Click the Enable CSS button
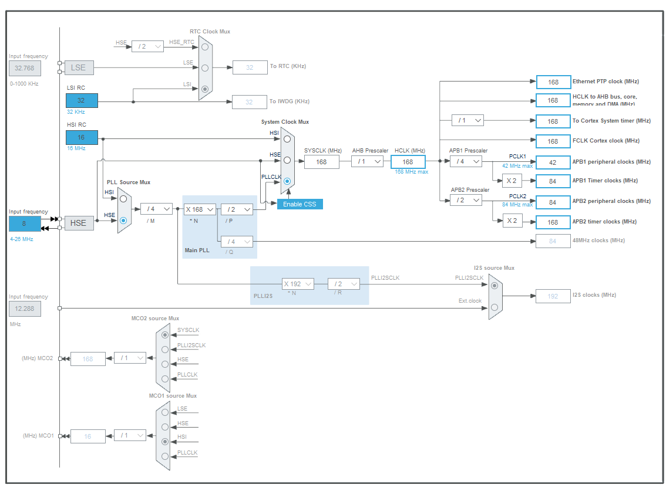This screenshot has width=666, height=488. coord(300,204)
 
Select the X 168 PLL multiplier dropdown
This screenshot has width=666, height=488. coord(200,209)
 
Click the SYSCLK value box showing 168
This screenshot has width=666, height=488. coord(321,162)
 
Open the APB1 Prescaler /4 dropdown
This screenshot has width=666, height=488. coord(466,161)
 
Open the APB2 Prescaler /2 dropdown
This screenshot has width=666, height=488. coord(466,201)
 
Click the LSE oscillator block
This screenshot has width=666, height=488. coord(79,67)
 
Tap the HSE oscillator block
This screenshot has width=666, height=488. coord(79,223)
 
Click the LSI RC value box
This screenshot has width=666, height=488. coord(82,100)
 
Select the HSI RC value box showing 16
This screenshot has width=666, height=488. coord(82,137)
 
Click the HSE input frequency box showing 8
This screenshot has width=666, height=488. coord(25,223)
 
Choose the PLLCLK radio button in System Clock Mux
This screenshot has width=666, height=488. coord(287,182)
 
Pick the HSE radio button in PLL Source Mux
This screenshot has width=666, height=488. coord(123,221)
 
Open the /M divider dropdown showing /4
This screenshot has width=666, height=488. coord(156,209)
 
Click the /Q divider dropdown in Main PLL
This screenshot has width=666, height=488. coord(237,241)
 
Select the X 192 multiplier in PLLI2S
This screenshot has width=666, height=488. coord(298,284)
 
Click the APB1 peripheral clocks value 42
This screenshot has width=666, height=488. coord(553,162)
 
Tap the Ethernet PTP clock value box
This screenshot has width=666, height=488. coord(553,82)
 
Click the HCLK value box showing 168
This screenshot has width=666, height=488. coord(408,162)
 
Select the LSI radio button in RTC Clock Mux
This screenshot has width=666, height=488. coord(205,89)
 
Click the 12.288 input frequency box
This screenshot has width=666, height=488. coord(25,309)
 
